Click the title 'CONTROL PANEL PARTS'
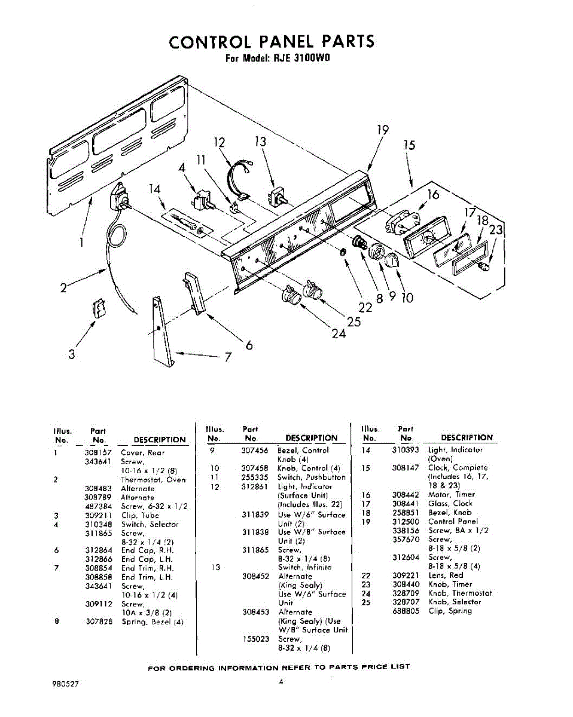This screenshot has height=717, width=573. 272,41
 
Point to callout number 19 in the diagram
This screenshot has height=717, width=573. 383,131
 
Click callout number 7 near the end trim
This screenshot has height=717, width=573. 228,358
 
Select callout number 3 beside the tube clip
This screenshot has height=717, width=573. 72,354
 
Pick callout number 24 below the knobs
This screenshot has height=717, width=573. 339,333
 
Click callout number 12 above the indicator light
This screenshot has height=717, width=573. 220,143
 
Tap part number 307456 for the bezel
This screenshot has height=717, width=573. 254,450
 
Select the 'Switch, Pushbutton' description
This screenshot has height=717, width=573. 311,477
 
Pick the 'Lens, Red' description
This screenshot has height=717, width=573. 446,575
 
